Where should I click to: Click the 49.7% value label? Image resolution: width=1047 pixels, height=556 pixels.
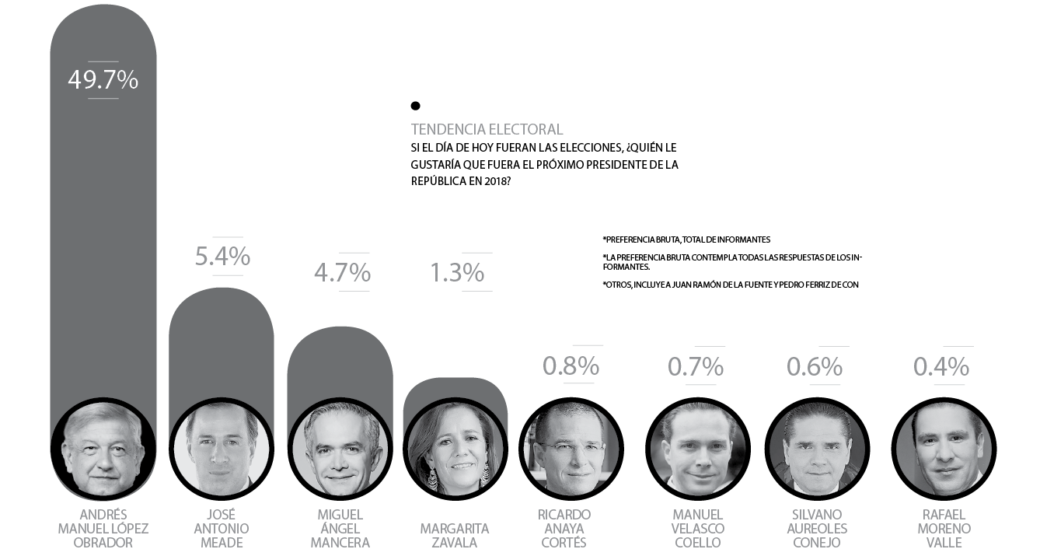point(103,79)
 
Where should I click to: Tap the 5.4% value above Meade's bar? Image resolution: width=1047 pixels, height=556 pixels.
point(222,256)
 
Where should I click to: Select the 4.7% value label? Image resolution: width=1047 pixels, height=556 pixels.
point(342,272)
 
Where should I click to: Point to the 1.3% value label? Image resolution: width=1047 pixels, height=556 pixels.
point(457,272)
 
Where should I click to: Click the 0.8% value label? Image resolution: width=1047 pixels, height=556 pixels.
point(571,365)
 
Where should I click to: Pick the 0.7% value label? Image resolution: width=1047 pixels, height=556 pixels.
point(696,365)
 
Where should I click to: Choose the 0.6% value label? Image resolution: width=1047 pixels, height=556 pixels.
point(815,365)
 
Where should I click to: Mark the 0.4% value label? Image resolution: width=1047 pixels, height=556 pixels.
point(941,365)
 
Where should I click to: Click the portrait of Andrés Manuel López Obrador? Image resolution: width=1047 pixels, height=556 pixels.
point(103,449)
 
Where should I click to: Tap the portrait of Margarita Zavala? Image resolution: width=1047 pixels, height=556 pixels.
point(455,449)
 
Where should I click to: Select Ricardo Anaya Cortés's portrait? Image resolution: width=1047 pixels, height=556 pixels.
point(571,449)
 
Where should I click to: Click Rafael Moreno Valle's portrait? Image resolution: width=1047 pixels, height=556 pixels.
point(944,449)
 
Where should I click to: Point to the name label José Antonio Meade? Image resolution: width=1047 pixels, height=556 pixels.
point(222,529)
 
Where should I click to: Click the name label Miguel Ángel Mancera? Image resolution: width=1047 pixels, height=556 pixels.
point(340,529)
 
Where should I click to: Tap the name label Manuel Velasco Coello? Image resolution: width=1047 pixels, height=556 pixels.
point(698,529)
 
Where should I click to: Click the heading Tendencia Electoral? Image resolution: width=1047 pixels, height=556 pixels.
point(487,129)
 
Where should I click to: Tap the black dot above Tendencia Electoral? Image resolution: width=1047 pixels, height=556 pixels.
point(415,106)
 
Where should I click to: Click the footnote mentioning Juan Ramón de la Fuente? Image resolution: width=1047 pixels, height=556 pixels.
point(730,285)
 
